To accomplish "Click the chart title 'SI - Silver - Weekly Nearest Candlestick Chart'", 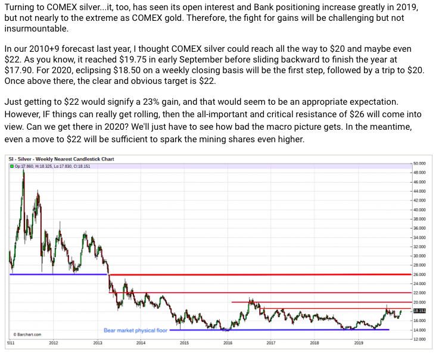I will pyautogui.click(x=61, y=159).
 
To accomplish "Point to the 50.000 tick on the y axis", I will pyautogui.click(x=421, y=162).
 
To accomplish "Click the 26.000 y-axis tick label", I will pyautogui.click(x=421, y=274).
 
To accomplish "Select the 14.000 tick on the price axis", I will pyautogui.click(x=421, y=330).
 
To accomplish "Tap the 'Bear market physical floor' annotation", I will pyautogui.click(x=136, y=330).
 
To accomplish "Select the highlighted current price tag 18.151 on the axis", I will pyautogui.click(x=420, y=311).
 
